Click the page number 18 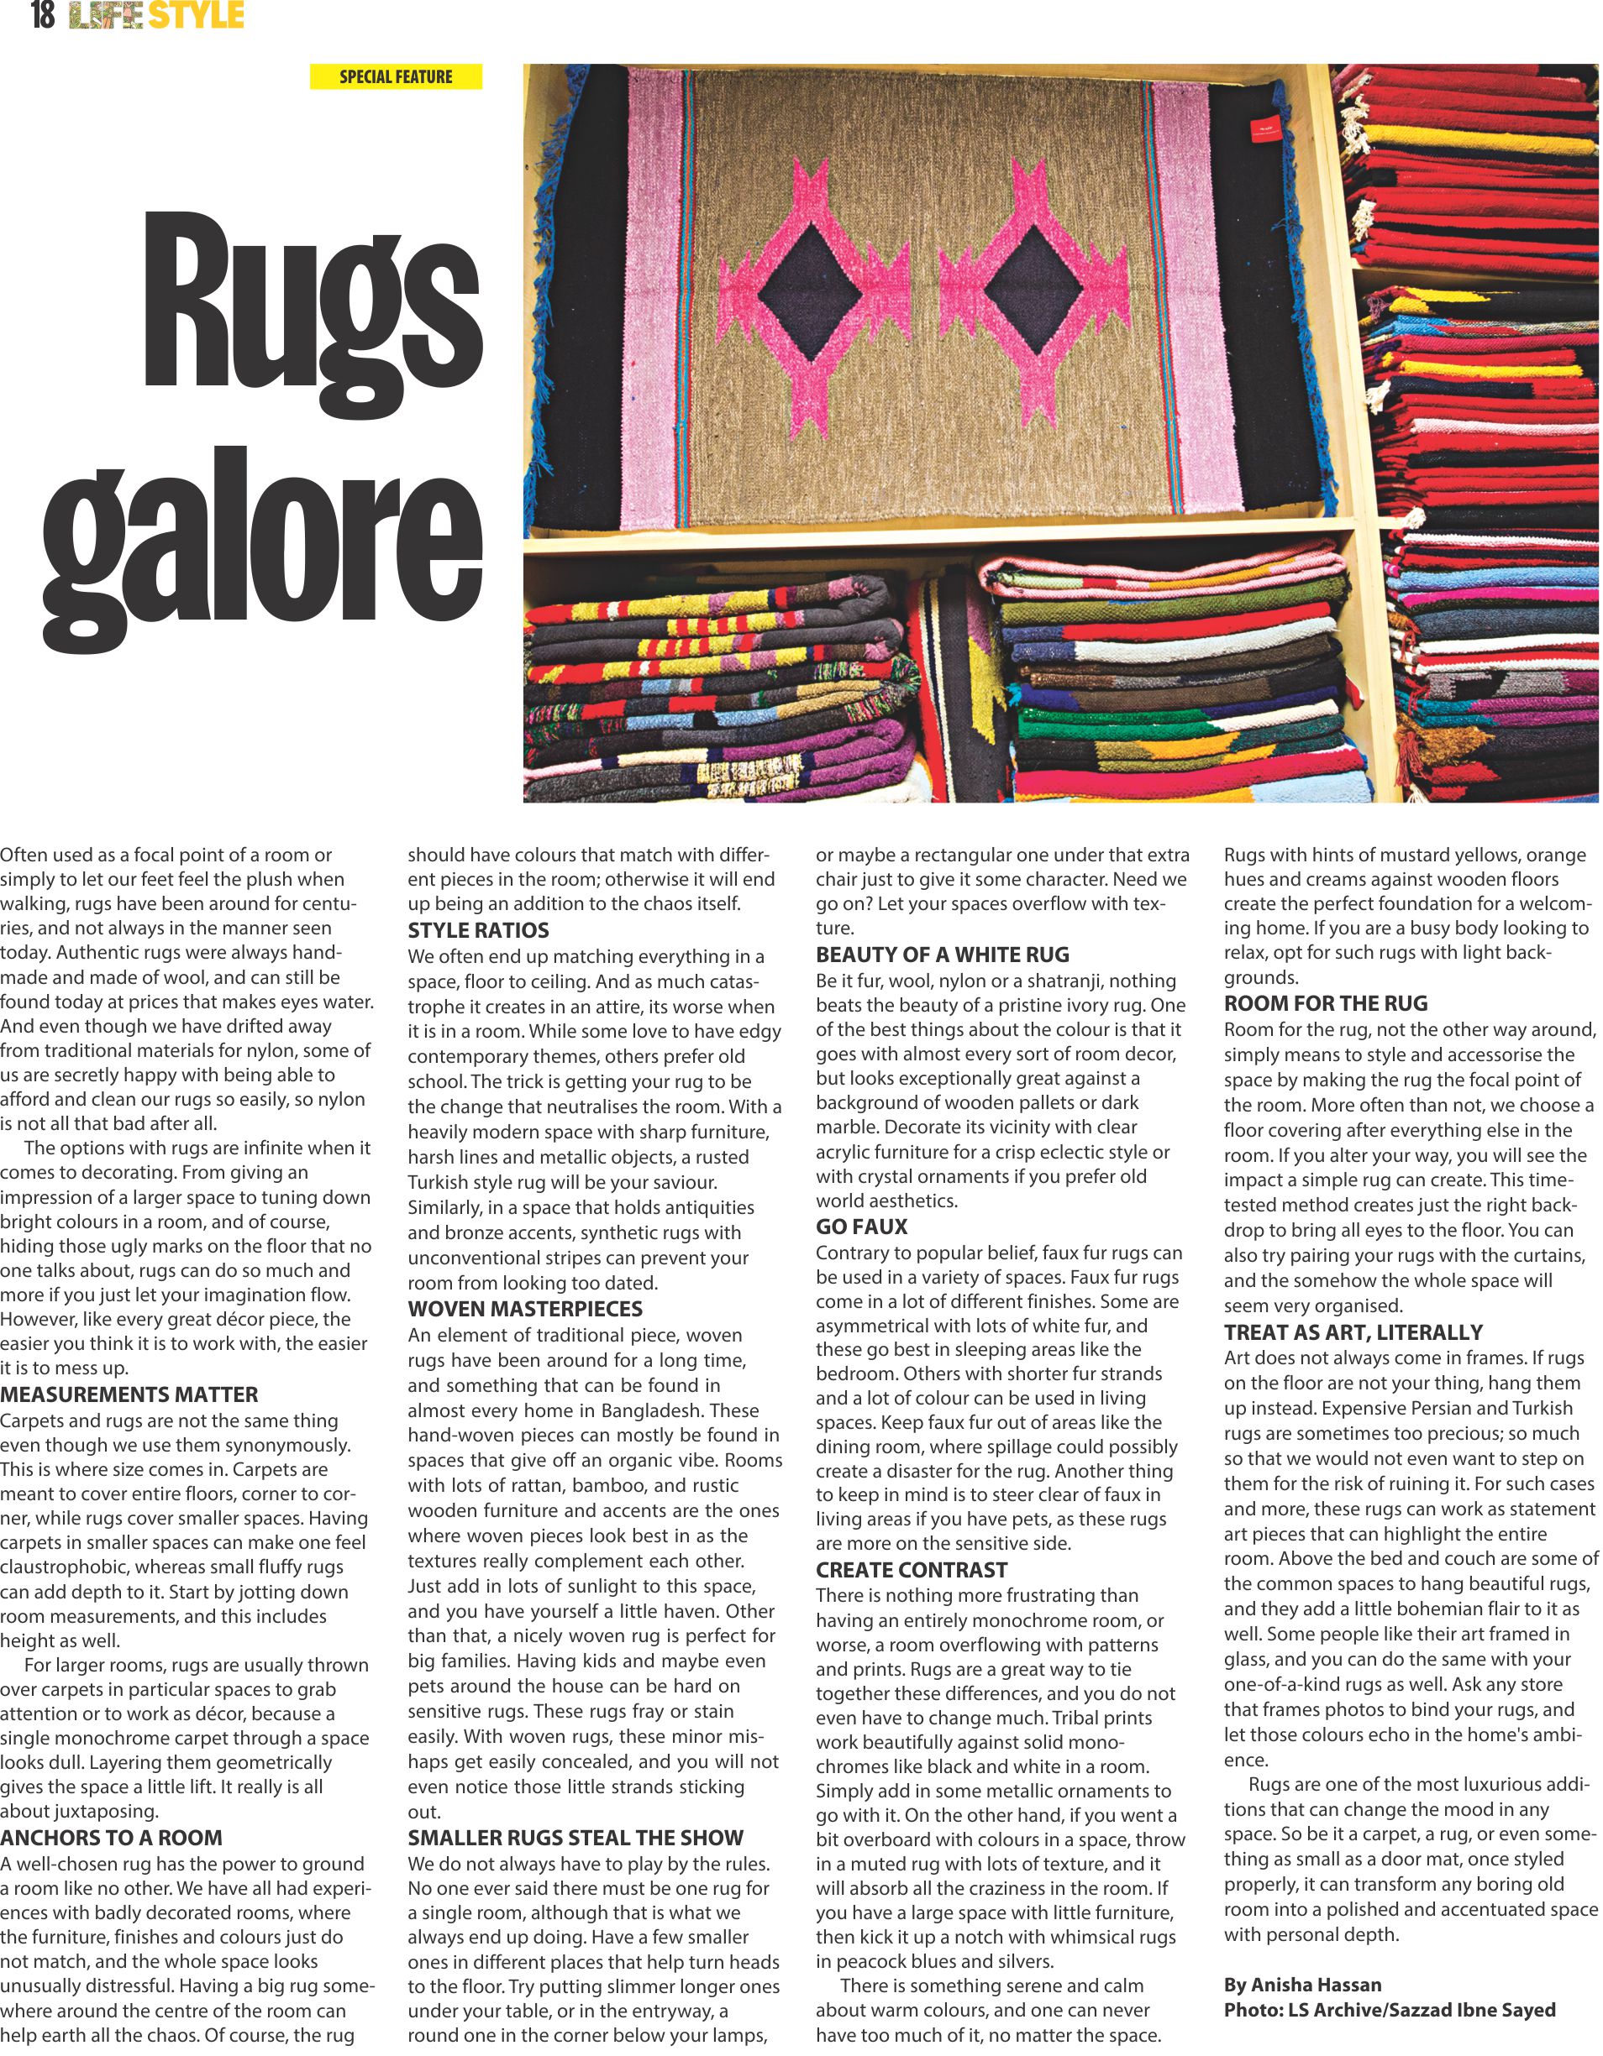tap(42, 15)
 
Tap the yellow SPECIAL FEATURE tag tap(396, 77)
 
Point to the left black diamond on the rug tap(809, 292)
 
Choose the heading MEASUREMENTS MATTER tap(129, 1394)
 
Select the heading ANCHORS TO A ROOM tap(111, 1838)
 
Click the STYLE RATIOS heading tap(478, 930)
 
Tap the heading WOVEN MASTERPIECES tap(524, 1309)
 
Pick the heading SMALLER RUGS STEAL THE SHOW tap(576, 1838)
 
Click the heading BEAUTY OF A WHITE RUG tap(943, 955)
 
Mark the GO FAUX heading tap(862, 1227)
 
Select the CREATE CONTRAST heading tap(912, 1570)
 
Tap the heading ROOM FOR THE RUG tap(1325, 1003)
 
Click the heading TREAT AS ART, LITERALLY tap(1353, 1332)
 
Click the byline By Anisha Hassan tap(1302, 1985)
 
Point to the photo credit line tap(1390, 2010)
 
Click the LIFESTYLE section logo tap(157, 15)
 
